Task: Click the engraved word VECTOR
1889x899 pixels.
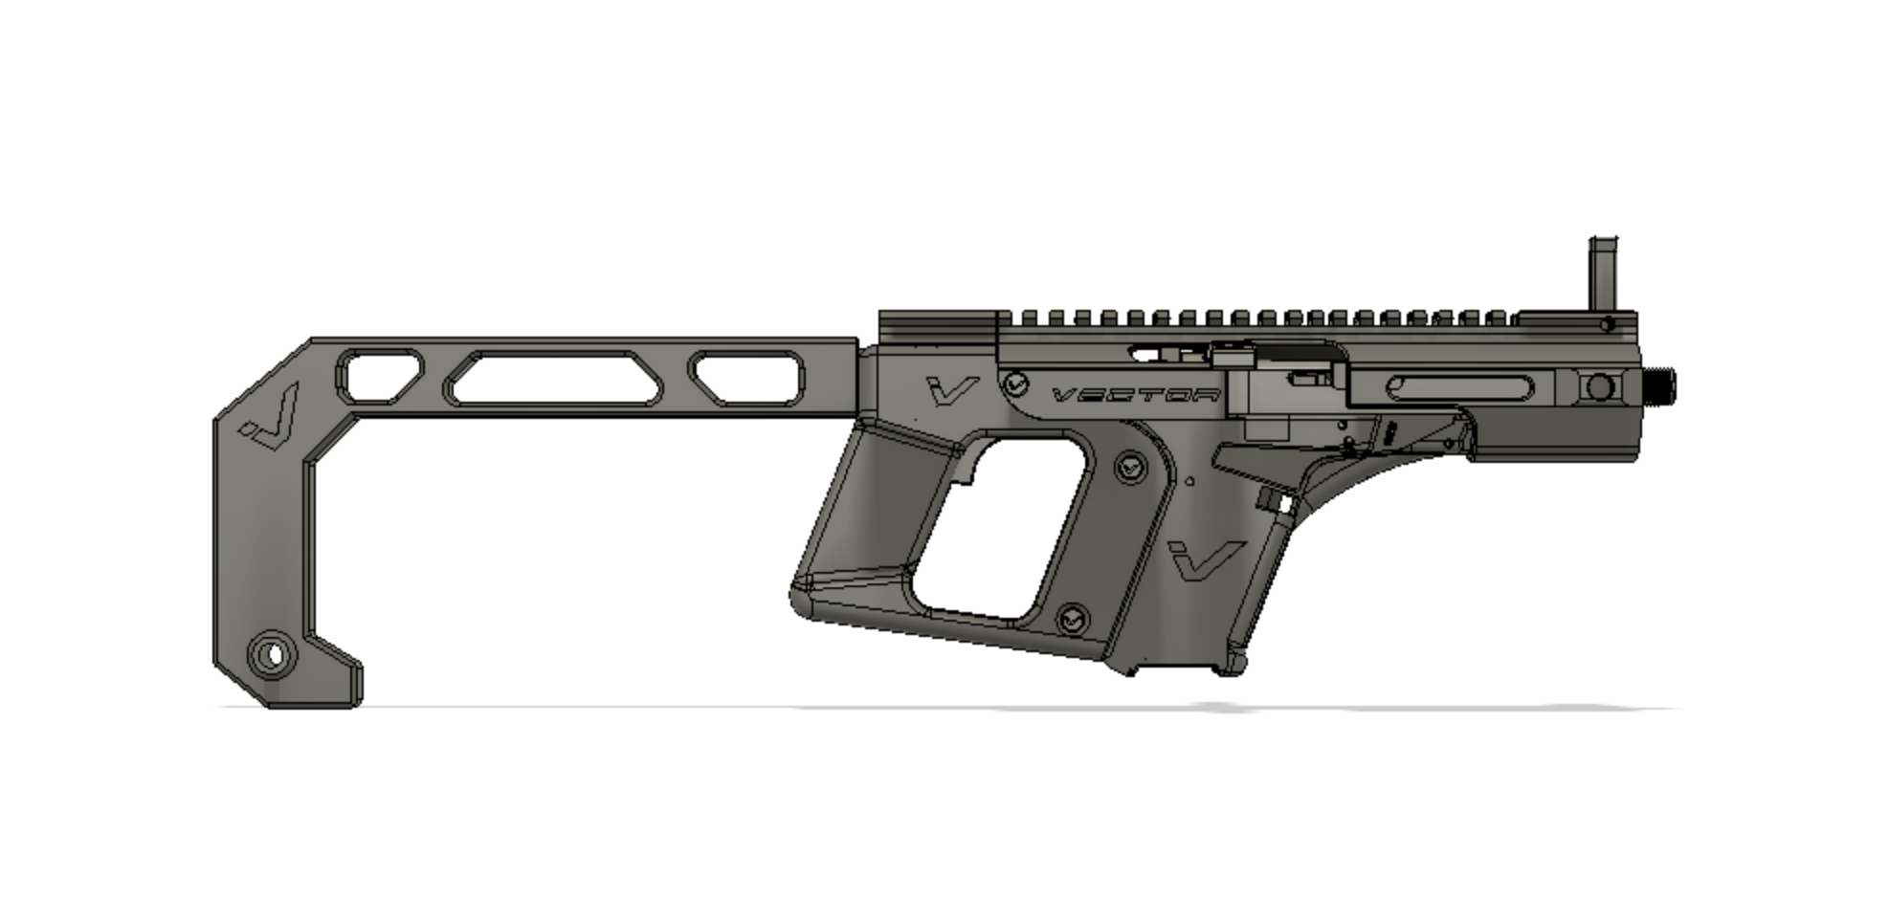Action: pos(1136,395)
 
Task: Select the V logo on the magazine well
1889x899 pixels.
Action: pos(1205,559)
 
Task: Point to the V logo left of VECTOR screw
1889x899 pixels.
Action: pos(952,388)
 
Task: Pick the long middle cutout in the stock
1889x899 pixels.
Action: pos(553,378)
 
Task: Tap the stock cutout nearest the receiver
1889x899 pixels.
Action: pos(747,378)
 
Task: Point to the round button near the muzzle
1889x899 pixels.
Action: pos(1600,387)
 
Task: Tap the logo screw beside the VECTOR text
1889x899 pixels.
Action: pos(1015,384)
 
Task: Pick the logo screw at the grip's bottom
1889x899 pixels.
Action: pos(1072,620)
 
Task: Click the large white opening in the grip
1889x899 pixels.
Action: pos(1000,526)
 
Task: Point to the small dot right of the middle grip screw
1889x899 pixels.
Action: pos(1189,481)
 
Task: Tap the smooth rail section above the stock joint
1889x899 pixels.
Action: pos(938,321)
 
